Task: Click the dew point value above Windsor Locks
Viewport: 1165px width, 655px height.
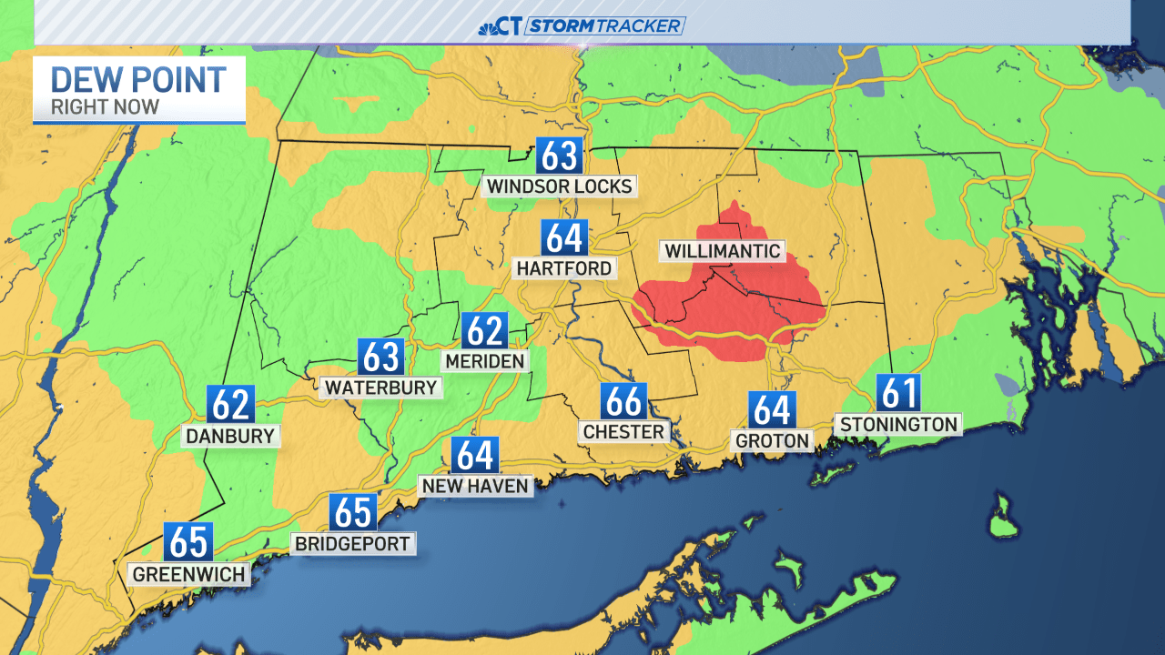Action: [x=559, y=156]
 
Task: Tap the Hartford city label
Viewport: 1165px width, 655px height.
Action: [x=564, y=268]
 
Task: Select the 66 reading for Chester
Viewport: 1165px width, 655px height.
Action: [x=623, y=401]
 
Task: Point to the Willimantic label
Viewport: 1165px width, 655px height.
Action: [x=723, y=251]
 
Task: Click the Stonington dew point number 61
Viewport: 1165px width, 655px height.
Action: [x=899, y=393]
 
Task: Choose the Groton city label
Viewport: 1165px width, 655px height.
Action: [x=772, y=441]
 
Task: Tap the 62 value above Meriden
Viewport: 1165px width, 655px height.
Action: [x=483, y=331]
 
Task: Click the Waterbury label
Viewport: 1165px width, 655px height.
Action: [x=380, y=388]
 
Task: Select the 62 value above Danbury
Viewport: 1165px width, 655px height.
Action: [x=230, y=404]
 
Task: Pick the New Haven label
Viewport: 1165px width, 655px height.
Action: [x=475, y=487]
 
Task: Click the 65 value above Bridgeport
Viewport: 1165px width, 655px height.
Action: [x=353, y=512]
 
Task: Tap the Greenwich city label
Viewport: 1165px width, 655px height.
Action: [x=188, y=575]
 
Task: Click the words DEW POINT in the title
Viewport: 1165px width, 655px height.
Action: [x=138, y=80]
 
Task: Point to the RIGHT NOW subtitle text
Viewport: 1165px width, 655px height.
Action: [x=105, y=107]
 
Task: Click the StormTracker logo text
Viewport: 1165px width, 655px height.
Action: [x=604, y=26]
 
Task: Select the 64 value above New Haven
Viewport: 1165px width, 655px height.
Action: [x=474, y=455]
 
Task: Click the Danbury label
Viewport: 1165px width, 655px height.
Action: [x=230, y=436]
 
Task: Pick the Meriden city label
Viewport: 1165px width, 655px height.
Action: [x=484, y=361]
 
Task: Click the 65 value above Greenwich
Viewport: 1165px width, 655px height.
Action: [x=188, y=542]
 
